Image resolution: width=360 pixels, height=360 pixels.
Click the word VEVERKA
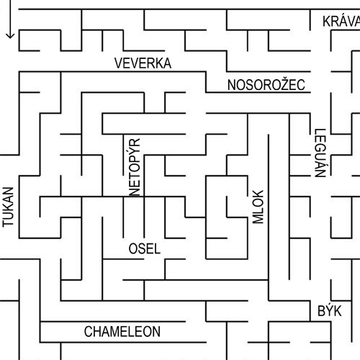[143, 63]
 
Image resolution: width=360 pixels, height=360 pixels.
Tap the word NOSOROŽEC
[266, 84]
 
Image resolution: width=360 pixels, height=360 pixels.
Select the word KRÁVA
[341, 21]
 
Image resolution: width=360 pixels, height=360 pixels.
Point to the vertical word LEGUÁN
[320, 153]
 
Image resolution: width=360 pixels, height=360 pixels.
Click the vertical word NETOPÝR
[135, 167]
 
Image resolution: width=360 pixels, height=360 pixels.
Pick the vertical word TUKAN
[8, 207]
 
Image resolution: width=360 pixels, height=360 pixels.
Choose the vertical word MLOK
[258, 207]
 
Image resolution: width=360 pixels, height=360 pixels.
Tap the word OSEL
[145, 248]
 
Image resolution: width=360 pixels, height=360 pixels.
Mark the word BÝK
[330, 310]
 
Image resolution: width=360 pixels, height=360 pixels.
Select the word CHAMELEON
[122, 332]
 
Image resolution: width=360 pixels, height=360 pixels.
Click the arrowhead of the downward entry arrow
[10, 35]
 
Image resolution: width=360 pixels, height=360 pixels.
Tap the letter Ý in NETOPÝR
[135, 151]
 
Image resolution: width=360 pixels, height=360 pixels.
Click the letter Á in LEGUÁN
[320, 164]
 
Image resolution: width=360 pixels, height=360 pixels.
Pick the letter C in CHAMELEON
[88, 332]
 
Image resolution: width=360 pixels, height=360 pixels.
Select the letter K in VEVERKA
[160, 63]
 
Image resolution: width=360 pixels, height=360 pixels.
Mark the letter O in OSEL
[133, 248]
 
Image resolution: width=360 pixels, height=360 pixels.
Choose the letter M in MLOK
[258, 219]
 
